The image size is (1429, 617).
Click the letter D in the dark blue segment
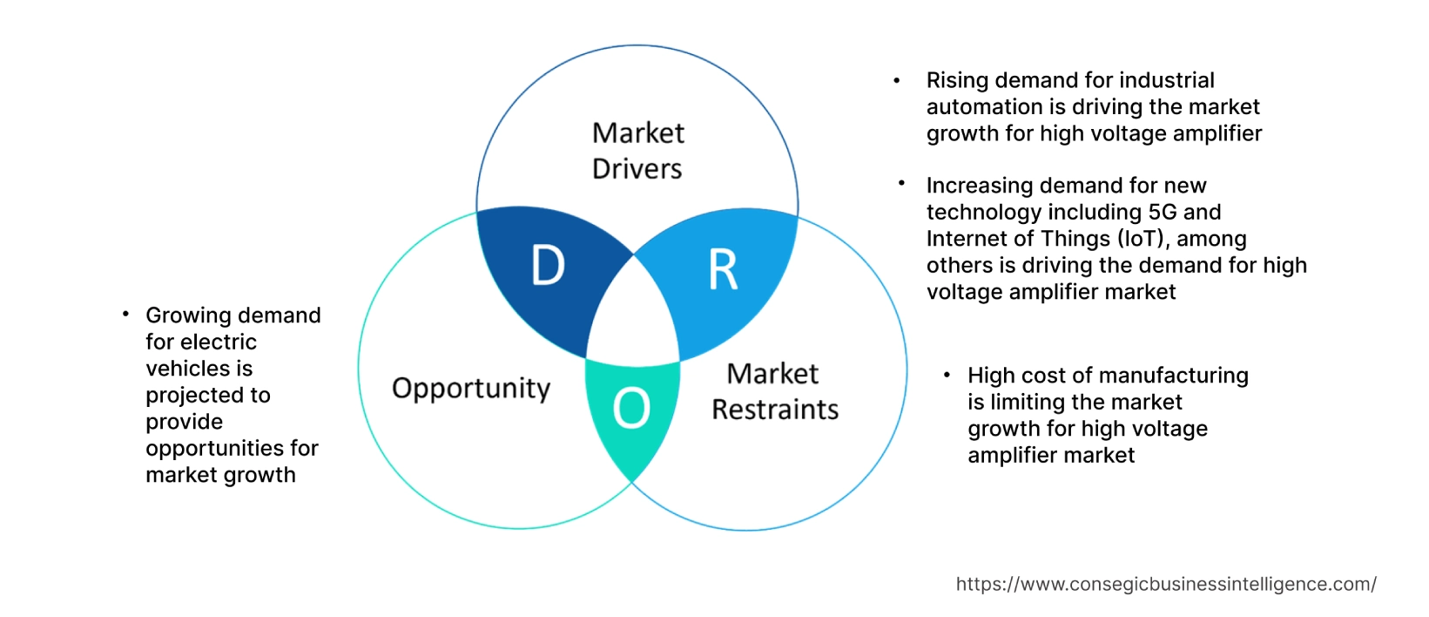click(x=548, y=266)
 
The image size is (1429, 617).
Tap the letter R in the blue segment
click(x=723, y=270)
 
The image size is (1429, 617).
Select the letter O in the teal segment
click(x=631, y=408)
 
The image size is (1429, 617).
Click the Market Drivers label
click(x=637, y=151)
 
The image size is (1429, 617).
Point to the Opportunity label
click(x=471, y=388)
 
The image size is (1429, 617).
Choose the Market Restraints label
click(x=774, y=392)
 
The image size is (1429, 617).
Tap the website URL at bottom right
click(x=1165, y=585)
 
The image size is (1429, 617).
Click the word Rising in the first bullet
click(x=957, y=80)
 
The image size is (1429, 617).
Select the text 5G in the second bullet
click(x=1163, y=212)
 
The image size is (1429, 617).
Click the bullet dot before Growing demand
click(x=126, y=314)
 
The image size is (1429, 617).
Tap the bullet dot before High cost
click(x=947, y=375)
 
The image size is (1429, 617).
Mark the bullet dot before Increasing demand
click(x=902, y=184)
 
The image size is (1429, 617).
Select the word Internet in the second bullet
click(x=966, y=239)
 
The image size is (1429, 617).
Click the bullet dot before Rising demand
click(x=897, y=80)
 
